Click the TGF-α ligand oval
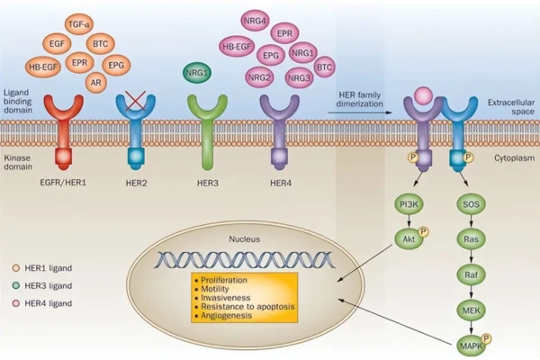click(x=77, y=22)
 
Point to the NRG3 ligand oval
click(x=299, y=78)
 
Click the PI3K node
click(x=409, y=207)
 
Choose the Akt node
click(x=409, y=240)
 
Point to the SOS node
click(x=470, y=207)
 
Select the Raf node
click(x=470, y=274)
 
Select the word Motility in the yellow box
click(x=220, y=288)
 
